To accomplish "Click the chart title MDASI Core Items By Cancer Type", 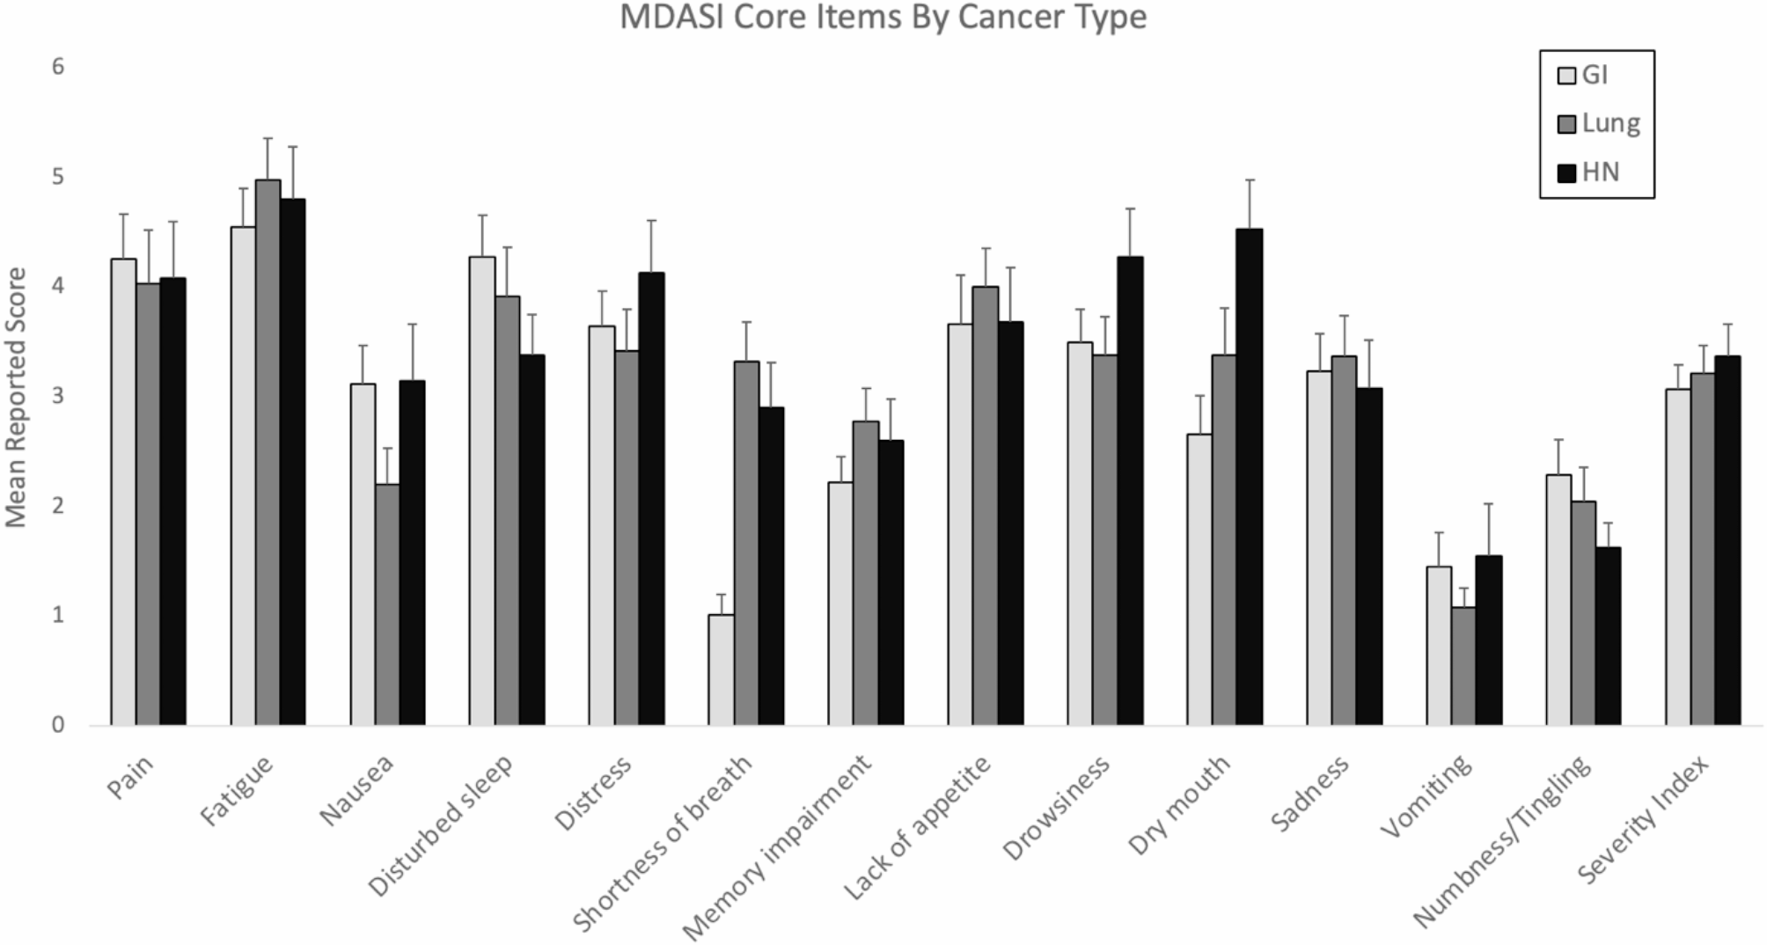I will [x=883, y=17].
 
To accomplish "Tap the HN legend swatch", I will [x=1566, y=172].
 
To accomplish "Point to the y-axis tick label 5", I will [x=58, y=177].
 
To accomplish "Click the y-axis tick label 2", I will [x=58, y=506].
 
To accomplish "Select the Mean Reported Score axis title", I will [x=17, y=397].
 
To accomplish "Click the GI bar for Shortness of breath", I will [x=721, y=670].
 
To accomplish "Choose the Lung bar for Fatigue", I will [x=268, y=452].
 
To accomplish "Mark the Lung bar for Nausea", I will [x=387, y=604].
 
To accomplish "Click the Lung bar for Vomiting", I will [x=1463, y=666].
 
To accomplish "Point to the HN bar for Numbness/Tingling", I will [x=1608, y=636].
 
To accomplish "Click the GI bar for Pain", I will [x=123, y=492].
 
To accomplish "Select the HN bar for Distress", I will [x=651, y=499].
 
